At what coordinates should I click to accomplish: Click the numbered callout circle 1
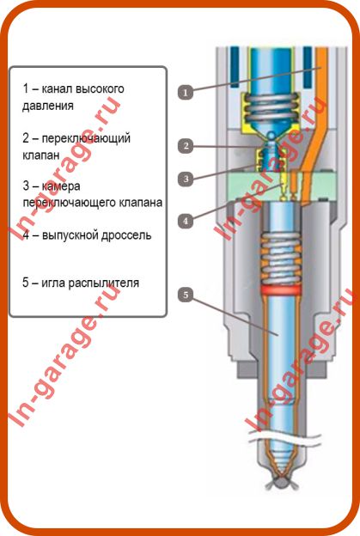tap(186, 92)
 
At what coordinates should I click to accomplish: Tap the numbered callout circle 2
tap(186, 146)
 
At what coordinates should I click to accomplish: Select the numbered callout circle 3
tap(186, 179)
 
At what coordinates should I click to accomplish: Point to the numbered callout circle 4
tap(186, 221)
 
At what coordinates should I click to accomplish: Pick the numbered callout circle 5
tap(186, 295)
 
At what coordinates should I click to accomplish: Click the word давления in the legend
tap(48, 106)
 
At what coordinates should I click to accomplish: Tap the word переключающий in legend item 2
tap(86, 139)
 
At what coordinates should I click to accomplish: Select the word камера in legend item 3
tap(61, 186)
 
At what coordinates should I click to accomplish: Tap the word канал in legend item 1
tap(57, 88)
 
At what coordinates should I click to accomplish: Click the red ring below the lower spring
tap(280, 290)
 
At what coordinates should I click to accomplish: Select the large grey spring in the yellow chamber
tap(272, 109)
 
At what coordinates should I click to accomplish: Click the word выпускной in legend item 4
tap(66, 235)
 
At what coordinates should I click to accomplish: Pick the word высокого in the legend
tap(100, 88)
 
